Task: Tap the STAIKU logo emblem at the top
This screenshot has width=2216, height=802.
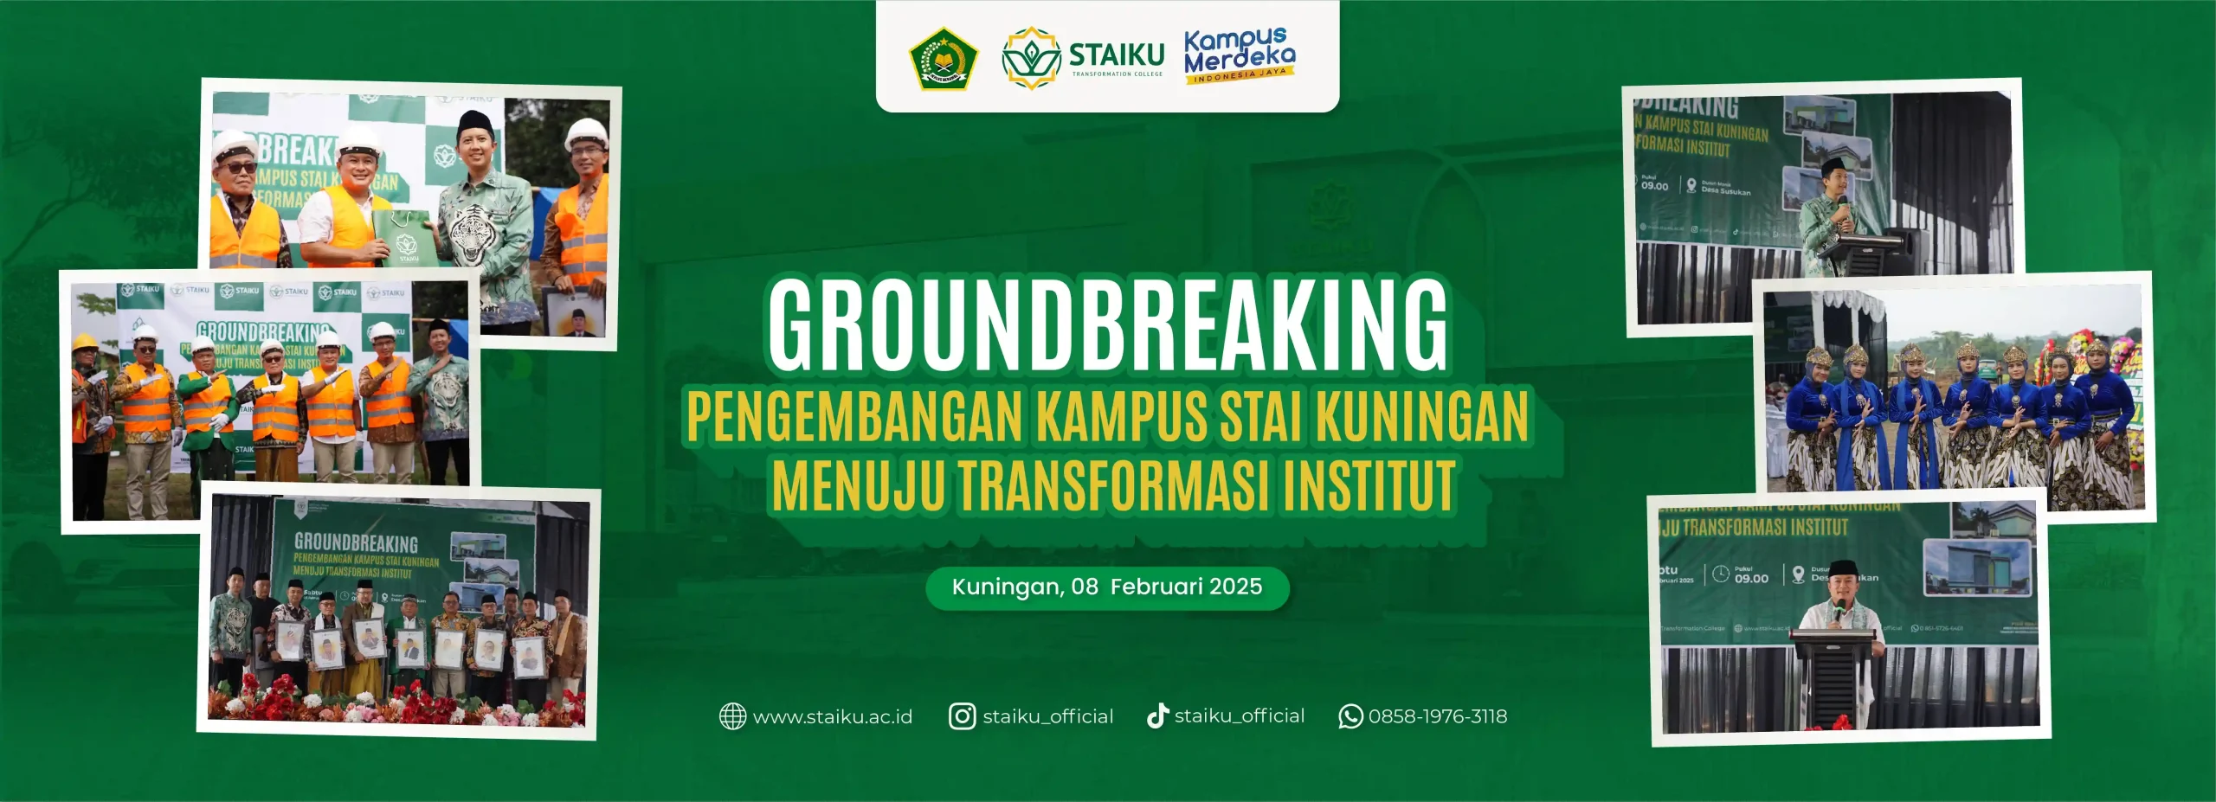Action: pos(1030,58)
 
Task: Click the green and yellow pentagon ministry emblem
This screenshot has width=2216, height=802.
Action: pos(943,59)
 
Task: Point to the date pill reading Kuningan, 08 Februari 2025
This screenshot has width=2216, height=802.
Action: pos(1107,587)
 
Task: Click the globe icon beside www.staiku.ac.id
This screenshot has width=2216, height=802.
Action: pos(732,716)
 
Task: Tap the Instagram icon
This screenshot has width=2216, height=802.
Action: pos(962,716)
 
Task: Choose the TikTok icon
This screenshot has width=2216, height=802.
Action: pos(1157,716)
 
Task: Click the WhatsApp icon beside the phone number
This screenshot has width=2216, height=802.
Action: pos(1350,716)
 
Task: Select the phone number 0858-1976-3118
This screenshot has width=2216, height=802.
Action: pos(1438,716)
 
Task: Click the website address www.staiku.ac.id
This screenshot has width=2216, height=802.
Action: pos(832,716)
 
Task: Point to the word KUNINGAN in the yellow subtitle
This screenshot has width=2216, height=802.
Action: pos(1422,418)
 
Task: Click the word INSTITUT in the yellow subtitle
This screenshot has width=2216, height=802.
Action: pos(1369,486)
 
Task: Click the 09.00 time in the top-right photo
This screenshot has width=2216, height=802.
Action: pos(1654,186)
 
